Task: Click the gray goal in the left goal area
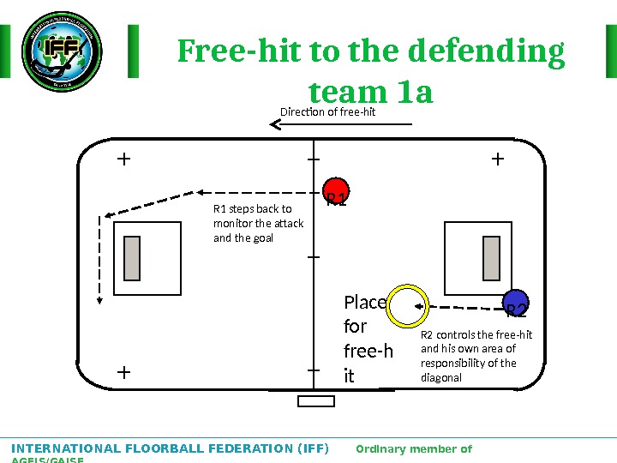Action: coord(132,258)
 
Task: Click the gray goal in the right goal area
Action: coord(491,258)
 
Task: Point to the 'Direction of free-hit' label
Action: coord(328,111)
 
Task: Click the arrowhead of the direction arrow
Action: coord(276,125)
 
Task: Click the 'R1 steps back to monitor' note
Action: coord(258,223)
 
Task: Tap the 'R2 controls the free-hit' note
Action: coord(476,356)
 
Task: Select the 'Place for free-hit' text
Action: coord(367,339)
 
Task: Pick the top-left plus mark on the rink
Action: coord(123,159)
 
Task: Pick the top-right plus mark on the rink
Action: coord(497,159)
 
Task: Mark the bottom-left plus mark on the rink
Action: coord(123,372)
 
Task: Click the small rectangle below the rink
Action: coord(315,401)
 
